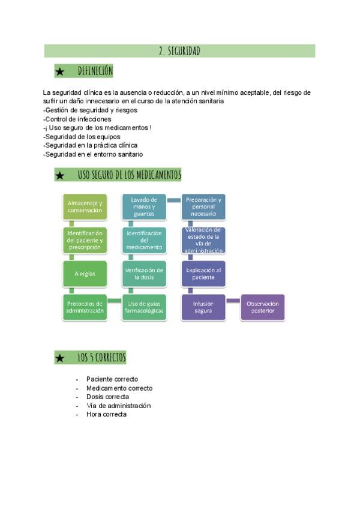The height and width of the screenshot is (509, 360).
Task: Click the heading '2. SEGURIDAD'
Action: click(179, 51)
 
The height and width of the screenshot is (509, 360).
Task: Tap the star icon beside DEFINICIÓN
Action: click(60, 72)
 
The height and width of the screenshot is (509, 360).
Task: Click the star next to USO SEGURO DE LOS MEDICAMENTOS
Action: click(60, 175)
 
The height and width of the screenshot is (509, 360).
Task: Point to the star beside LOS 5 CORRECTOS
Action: click(60, 358)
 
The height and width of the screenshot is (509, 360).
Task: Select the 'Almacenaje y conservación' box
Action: click(85, 206)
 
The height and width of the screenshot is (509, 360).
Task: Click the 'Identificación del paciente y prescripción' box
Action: click(85, 240)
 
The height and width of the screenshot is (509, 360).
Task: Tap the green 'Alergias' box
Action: click(85, 274)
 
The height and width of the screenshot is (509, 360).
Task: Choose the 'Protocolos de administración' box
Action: click(85, 307)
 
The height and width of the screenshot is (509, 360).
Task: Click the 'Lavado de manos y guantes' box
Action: click(144, 206)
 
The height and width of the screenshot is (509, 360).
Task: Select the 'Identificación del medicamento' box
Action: click(144, 240)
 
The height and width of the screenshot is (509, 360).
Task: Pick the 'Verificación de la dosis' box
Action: click(144, 274)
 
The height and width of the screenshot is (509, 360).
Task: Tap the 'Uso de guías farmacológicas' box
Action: click(144, 307)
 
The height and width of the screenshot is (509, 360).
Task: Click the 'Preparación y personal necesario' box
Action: click(203, 206)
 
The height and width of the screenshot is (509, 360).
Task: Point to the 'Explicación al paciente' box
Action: click(203, 274)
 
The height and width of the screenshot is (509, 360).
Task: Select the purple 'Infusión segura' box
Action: click(203, 307)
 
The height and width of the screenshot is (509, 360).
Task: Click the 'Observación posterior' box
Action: click(262, 307)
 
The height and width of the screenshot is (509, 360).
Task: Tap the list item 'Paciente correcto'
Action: click(112, 379)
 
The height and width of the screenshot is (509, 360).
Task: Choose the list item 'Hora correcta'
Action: click(106, 414)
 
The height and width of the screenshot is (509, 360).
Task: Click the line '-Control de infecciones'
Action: click(77, 119)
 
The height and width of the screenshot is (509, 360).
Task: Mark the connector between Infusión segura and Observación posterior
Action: click(233, 300)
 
